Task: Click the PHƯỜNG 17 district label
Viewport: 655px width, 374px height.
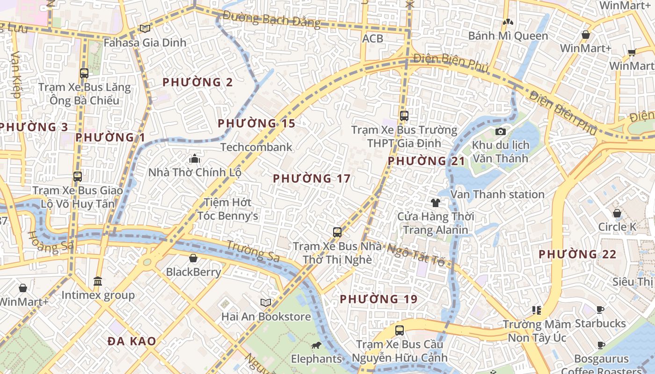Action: point(312,179)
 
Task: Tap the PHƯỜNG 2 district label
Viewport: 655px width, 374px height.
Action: point(197,82)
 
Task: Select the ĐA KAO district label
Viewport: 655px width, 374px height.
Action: point(132,341)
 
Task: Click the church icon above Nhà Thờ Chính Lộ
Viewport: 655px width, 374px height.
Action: point(195,158)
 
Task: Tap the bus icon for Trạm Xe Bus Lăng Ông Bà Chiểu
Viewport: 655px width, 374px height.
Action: point(84,73)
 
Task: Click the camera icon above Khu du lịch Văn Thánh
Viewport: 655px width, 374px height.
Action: point(501,131)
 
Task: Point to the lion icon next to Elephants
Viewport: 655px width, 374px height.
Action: point(316,345)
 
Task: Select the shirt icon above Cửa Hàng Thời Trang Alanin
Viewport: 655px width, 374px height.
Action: point(436,202)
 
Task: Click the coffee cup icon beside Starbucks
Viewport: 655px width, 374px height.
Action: point(600,309)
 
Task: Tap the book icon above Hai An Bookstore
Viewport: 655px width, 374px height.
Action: point(266,303)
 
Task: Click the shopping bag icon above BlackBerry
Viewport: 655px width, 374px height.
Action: point(193,258)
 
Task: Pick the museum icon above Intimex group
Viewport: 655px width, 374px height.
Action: point(98,281)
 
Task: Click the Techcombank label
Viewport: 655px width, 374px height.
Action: point(256,147)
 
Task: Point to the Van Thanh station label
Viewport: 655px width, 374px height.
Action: point(497,194)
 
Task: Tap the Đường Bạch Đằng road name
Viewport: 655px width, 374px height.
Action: point(271,20)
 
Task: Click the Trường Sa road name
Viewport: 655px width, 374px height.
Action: point(253,251)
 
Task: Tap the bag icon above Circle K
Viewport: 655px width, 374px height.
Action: point(617,213)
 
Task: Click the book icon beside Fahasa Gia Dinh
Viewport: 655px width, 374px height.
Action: point(145,29)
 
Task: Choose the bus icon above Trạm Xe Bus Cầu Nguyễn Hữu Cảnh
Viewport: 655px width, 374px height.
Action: point(400,331)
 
